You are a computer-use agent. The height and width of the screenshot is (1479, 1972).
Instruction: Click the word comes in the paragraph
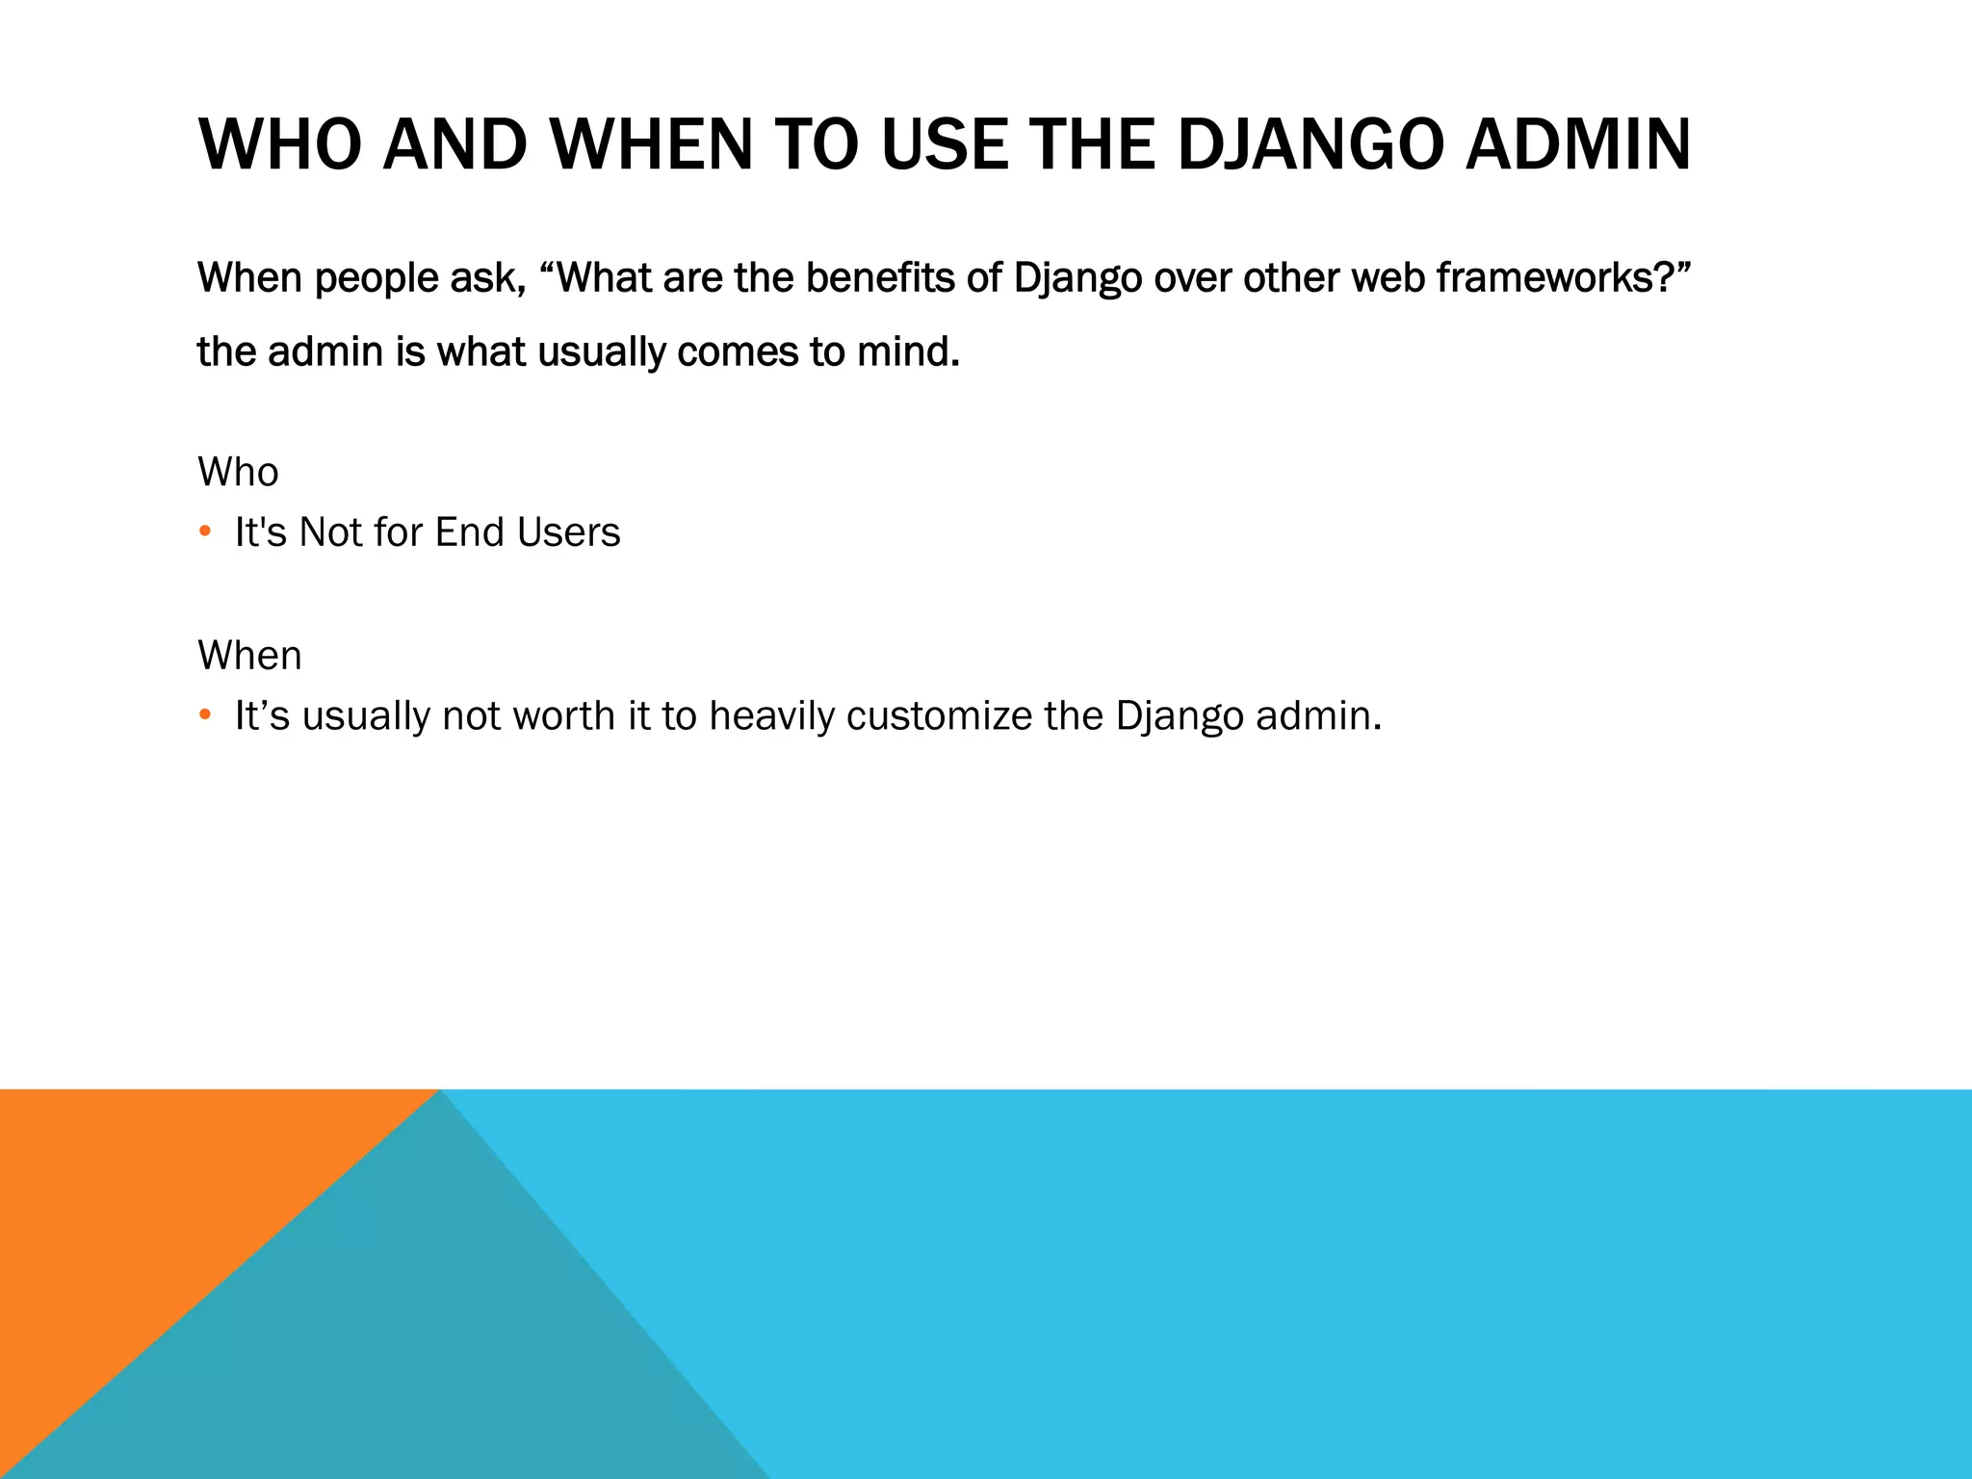(x=738, y=351)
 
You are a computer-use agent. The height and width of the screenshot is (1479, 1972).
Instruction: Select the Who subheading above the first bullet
(x=238, y=472)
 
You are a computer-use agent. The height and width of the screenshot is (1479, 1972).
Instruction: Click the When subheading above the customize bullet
(x=249, y=656)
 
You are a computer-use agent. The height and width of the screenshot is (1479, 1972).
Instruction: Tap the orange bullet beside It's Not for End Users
(x=204, y=532)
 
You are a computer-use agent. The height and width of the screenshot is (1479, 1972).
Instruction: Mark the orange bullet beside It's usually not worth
(x=204, y=715)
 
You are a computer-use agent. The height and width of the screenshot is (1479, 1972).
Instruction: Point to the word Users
(x=568, y=532)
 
